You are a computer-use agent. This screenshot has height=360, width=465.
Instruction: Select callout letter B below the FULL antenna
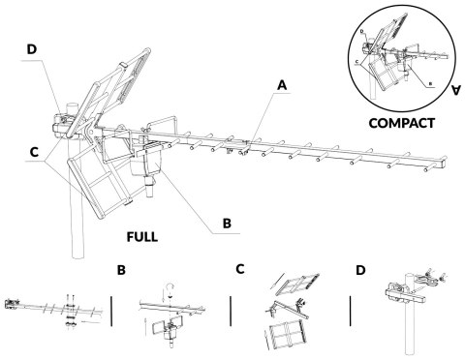tap(228, 222)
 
